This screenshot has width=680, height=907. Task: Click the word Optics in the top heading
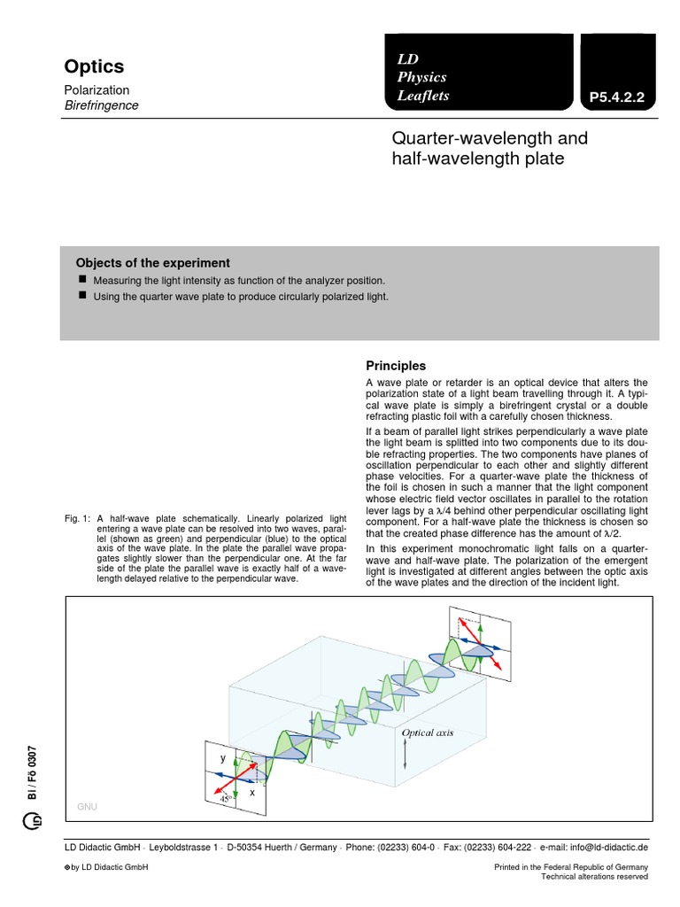click(94, 66)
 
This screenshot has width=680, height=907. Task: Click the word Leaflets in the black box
click(423, 96)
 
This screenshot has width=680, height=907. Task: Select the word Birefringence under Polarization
click(101, 105)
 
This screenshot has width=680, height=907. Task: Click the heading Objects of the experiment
click(153, 263)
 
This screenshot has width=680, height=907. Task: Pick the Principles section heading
click(396, 366)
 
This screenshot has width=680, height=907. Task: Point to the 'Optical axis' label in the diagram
click(428, 733)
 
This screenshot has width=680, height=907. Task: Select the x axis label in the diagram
click(251, 793)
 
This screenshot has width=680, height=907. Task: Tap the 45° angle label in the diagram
click(226, 798)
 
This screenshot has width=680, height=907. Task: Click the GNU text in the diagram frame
click(87, 807)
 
